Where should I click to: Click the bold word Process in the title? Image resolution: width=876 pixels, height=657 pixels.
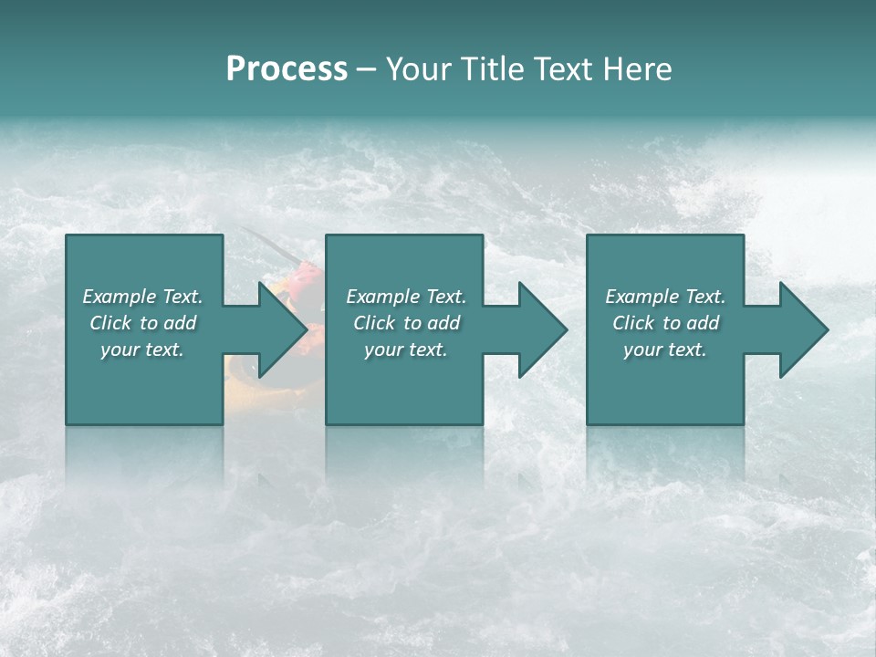[x=287, y=69]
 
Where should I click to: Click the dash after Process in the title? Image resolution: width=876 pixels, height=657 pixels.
[x=367, y=70]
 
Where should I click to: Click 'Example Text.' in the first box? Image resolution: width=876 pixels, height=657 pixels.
[x=142, y=297]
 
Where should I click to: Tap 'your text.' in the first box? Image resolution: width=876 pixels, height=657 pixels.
[x=142, y=349]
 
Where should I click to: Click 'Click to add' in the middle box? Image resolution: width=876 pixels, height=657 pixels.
[x=406, y=323]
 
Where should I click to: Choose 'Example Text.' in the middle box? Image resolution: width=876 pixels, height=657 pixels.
[x=406, y=297]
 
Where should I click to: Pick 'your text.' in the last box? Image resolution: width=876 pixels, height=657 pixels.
[x=665, y=349]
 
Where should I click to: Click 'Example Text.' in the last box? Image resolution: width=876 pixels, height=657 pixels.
[x=665, y=297]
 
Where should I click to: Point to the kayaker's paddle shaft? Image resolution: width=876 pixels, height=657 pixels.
[x=266, y=242]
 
